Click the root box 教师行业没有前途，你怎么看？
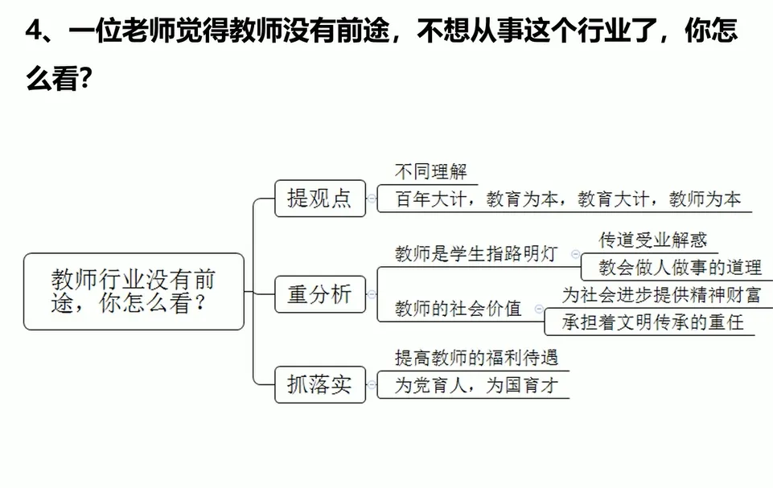point(134,291)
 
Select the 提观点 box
point(319,198)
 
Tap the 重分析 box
point(319,294)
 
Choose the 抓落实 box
point(319,384)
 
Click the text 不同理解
point(430,172)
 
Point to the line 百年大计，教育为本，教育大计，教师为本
point(568,199)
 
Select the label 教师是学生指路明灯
point(476,254)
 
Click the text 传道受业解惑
point(653,240)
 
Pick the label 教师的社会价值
point(458,308)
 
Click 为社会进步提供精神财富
point(660,294)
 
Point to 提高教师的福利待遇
point(476,357)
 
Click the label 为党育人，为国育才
point(476,386)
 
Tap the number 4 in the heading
point(33,31)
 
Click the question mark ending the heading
point(80,79)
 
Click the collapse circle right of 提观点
point(371,198)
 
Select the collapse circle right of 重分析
point(371,294)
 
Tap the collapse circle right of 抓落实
point(371,384)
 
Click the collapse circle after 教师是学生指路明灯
point(574,254)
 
